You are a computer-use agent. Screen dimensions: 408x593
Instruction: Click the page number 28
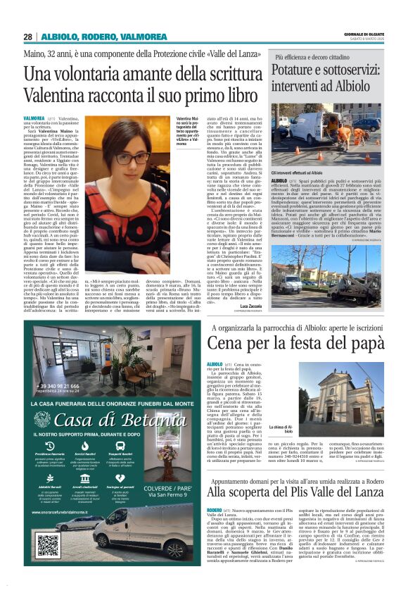(x=27, y=36)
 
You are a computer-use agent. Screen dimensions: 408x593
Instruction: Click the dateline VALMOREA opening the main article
(x=34, y=119)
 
